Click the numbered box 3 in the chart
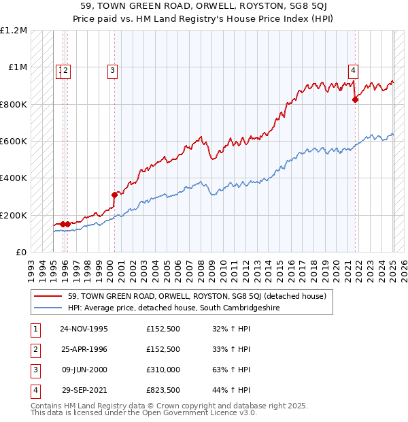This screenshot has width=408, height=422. [112, 69]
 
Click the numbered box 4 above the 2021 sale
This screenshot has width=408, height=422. [354, 69]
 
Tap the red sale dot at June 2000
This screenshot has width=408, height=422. [114, 195]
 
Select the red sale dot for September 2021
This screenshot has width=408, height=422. [355, 99]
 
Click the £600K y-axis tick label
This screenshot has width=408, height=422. [14, 142]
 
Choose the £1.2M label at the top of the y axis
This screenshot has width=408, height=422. [14, 31]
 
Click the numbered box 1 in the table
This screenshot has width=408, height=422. [34, 328]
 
